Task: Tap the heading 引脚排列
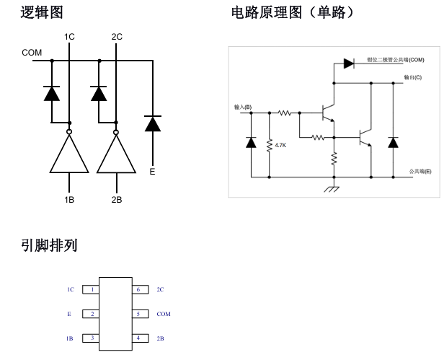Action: [53, 246]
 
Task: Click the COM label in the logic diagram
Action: [32, 53]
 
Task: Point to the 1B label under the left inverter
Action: [69, 200]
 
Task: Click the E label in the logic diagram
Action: [151, 172]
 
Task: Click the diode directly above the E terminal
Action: [151, 123]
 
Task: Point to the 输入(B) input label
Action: [243, 107]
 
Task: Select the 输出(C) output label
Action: [412, 76]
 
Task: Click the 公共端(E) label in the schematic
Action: [419, 171]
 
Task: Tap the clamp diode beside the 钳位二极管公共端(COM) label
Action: [349, 63]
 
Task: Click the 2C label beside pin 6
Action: [160, 289]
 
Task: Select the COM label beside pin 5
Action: [163, 315]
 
